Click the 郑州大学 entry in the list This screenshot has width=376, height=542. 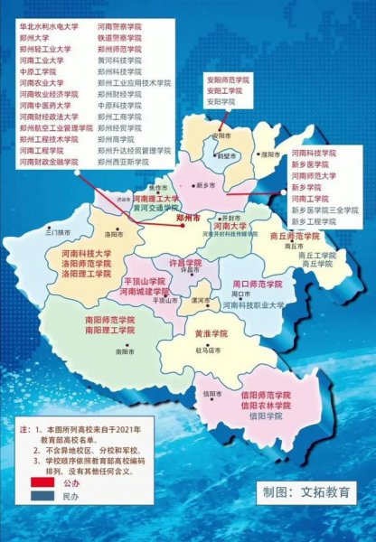[x=35, y=40]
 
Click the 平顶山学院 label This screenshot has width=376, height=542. [x=146, y=282]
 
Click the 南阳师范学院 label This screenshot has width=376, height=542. [x=87, y=320]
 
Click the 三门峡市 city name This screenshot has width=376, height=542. [x=57, y=232]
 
